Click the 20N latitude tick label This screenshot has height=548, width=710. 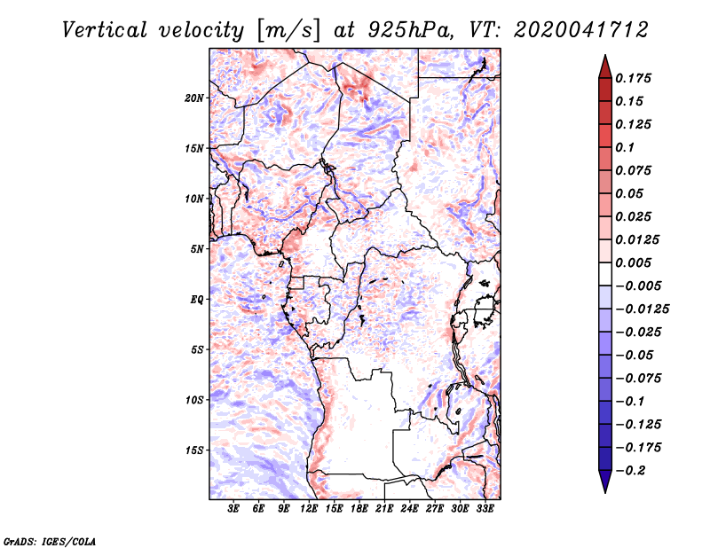[x=194, y=98]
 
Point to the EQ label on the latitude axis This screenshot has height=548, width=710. [x=197, y=299]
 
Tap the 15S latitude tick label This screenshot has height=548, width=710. [x=194, y=450]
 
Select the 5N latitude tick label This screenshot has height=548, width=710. [x=197, y=248]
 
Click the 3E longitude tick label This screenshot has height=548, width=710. [x=234, y=510]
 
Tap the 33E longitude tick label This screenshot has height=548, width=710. [x=485, y=510]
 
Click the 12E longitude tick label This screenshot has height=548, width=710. [x=310, y=510]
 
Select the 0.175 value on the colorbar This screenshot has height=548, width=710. [x=635, y=78]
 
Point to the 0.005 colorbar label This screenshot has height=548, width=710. [x=635, y=262]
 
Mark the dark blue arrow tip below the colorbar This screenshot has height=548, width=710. [x=604, y=485]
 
